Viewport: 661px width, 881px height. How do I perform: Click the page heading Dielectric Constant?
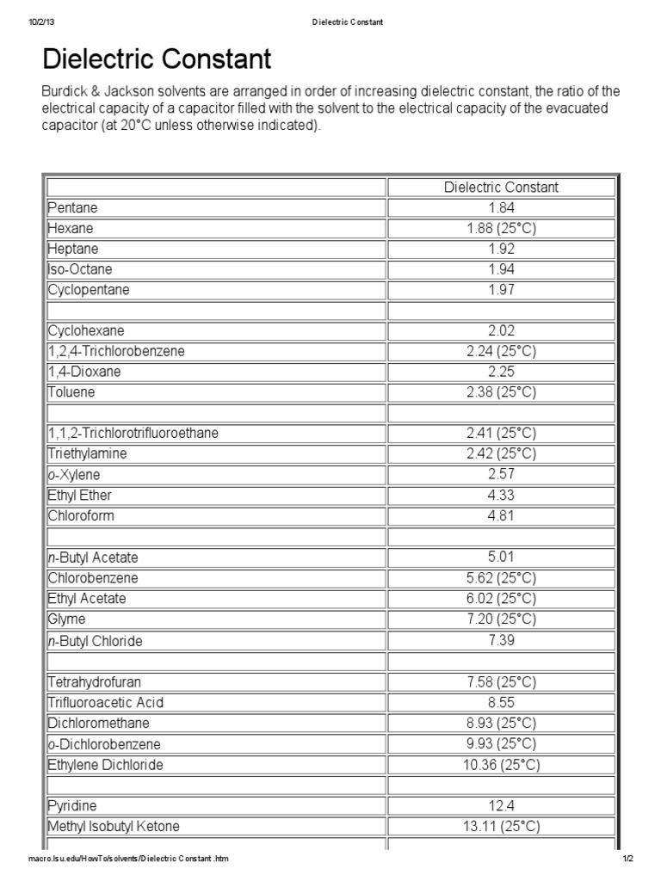(x=157, y=59)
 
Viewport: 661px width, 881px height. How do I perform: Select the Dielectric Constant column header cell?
(x=501, y=187)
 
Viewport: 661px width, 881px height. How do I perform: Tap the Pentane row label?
(x=73, y=207)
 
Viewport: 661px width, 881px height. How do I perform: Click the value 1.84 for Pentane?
(x=501, y=207)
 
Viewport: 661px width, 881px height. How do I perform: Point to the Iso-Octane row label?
(x=80, y=269)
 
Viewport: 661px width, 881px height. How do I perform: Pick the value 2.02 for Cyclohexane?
(x=501, y=330)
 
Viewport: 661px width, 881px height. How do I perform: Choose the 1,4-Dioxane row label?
(x=84, y=372)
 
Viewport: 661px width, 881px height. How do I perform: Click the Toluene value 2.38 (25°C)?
(x=501, y=392)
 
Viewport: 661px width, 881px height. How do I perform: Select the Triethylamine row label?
(x=89, y=453)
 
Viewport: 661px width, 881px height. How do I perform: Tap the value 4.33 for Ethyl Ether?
(x=501, y=495)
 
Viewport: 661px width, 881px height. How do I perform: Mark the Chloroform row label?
(x=83, y=515)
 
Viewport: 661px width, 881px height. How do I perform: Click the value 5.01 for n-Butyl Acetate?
(x=501, y=558)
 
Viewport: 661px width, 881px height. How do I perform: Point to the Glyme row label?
(x=67, y=619)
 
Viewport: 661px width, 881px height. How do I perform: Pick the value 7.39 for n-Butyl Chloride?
(x=501, y=641)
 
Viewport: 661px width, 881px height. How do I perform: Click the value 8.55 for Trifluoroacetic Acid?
(x=501, y=702)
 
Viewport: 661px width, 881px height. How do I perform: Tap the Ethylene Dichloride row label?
(x=105, y=765)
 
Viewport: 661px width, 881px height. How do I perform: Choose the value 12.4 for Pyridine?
(x=501, y=806)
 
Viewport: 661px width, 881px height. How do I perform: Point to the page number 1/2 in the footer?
(x=627, y=859)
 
